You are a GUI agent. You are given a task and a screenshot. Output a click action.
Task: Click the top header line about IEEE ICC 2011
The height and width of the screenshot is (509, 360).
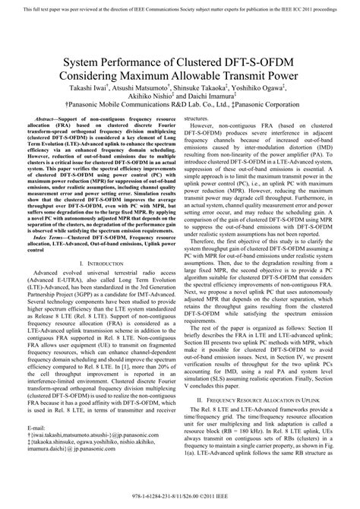tap(179, 8)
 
